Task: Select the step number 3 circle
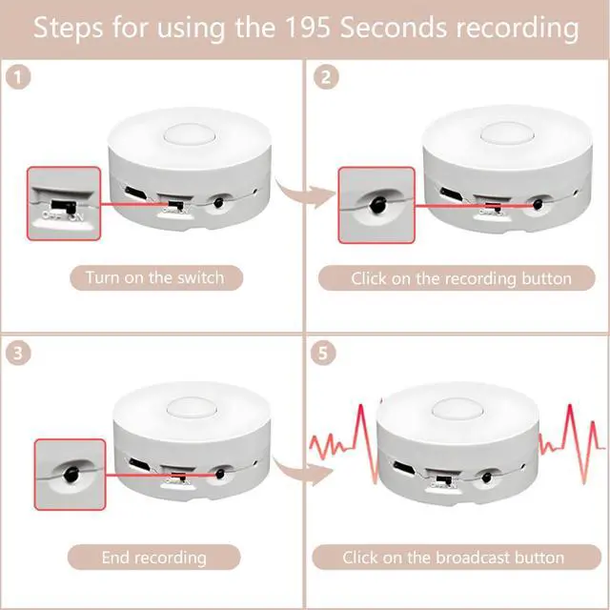point(20,353)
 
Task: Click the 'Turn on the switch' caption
point(154,278)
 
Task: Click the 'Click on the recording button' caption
point(461,278)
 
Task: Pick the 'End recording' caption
point(154,557)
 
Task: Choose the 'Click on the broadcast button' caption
point(453,557)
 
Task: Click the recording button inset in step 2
point(376,205)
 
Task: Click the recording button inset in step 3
point(70,474)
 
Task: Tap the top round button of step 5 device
point(456,407)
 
